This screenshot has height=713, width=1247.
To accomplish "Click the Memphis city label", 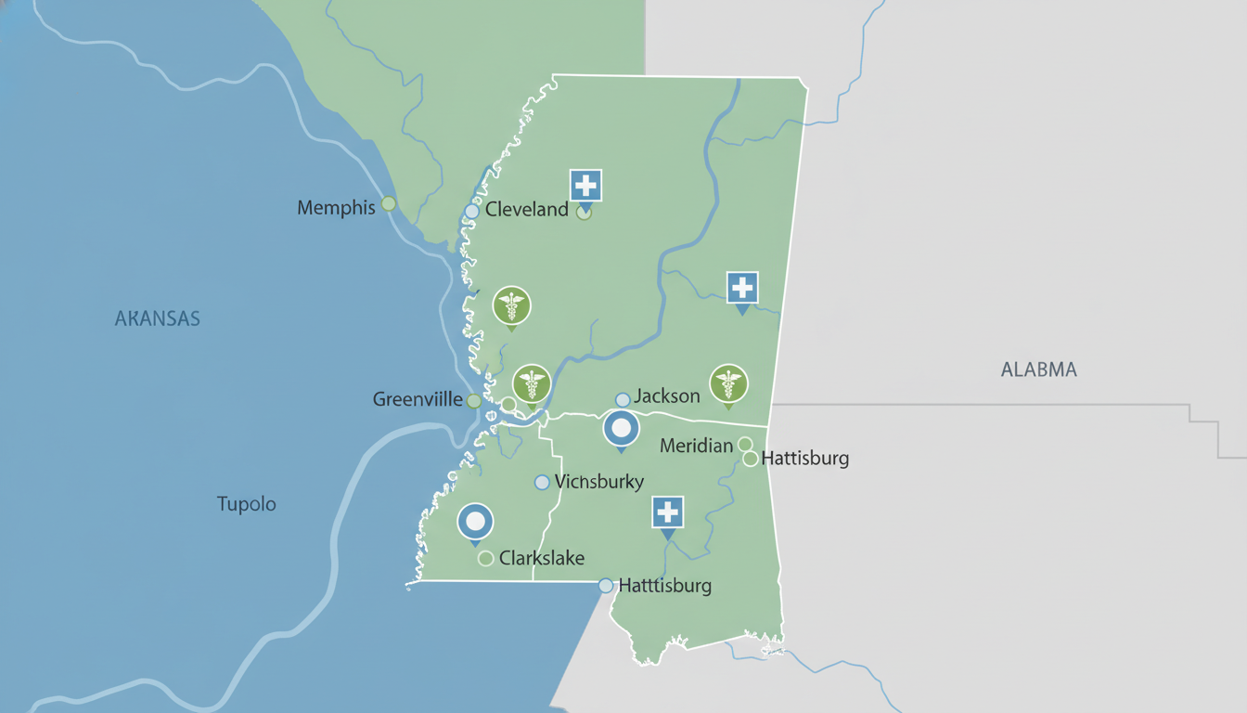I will point(336,208).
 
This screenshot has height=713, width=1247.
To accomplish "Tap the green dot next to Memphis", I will point(389,203).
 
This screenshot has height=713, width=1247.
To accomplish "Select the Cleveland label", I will point(526,210).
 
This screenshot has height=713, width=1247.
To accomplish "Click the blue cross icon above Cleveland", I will point(585,186).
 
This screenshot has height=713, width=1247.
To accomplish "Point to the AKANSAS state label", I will point(157,319).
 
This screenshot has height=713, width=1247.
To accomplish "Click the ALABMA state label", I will point(1038,369).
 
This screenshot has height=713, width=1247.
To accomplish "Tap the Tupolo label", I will point(246,504).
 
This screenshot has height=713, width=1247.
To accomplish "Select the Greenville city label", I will point(418,399).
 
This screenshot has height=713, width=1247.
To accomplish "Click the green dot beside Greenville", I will point(474,401).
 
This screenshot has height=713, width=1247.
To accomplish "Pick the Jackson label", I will point(666,396).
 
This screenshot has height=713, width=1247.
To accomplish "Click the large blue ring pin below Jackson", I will point(621,429).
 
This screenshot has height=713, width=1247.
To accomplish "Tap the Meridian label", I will point(696,447).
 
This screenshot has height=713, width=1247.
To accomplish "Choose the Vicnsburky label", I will point(598,482).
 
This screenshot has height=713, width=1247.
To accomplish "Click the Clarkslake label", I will point(542,558).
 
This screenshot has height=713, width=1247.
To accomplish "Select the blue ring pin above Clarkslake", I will point(476,522).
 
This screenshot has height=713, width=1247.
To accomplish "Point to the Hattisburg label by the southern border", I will point(664,586).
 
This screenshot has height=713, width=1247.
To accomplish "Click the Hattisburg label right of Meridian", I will point(804,459).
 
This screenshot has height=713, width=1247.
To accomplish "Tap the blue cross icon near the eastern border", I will point(742,288).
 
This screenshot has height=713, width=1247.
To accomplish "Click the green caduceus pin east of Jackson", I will point(728,382).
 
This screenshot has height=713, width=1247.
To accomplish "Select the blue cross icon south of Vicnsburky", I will point(667,512).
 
